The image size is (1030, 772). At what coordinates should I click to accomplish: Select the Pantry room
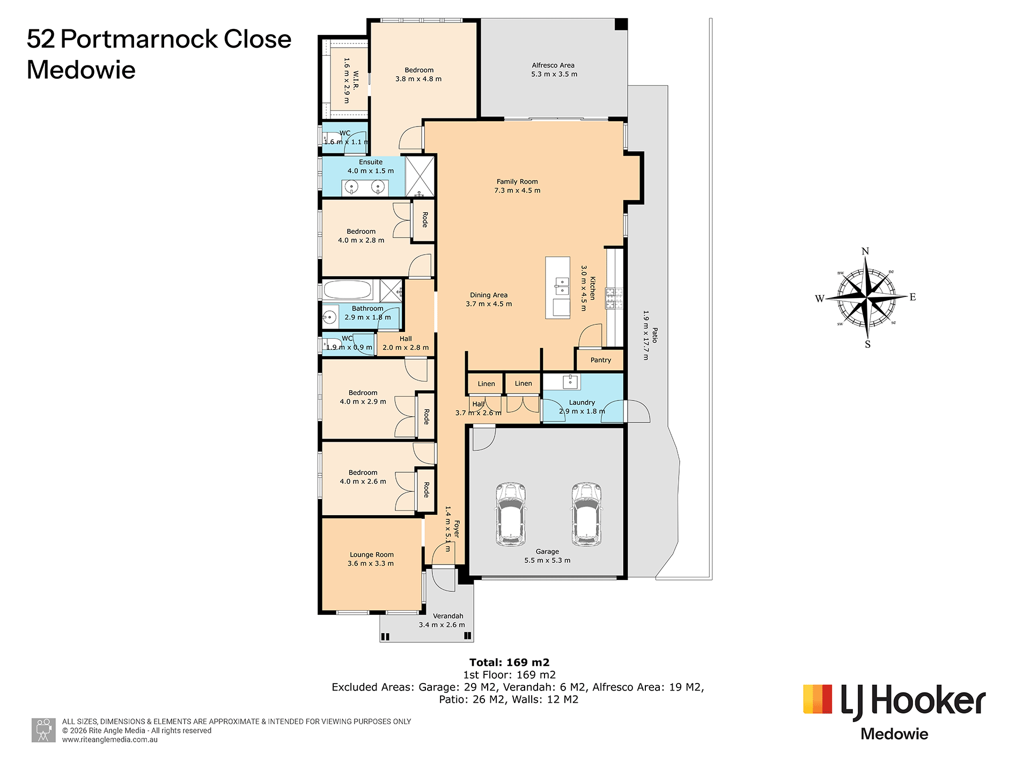pos(600,360)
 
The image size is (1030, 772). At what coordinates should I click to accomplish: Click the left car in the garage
pos(511,514)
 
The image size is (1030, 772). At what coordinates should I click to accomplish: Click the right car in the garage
pos(586,514)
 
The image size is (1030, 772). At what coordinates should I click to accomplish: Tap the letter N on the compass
pos(865,251)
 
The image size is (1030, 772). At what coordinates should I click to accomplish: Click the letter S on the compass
pos(867,345)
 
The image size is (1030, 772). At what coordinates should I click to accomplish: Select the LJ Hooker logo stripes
pos(818,699)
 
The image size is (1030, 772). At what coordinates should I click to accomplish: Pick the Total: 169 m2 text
pos(509,663)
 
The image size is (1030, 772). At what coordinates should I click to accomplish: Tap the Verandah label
pos(448,616)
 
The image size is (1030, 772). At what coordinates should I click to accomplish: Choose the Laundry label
pos(582,403)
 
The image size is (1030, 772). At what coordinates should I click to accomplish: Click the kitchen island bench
pos(558,288)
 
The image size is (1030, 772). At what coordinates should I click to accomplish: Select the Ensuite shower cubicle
pos(420,176)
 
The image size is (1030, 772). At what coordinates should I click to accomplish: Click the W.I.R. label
pos(356,81)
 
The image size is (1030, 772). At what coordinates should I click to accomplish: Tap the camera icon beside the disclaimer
pos(43,730)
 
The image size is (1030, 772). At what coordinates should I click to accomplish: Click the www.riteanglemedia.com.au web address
pos(110,740)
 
